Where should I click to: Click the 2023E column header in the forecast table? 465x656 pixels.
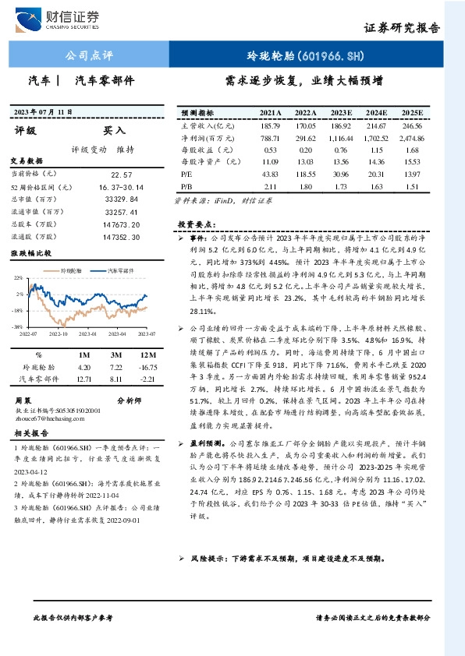[x=339, y=113]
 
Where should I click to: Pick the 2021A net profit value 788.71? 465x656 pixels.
[x=271, y=136]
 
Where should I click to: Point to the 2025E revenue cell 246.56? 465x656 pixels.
[x=411, y=125]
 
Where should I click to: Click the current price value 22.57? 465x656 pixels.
[x=122, y=175]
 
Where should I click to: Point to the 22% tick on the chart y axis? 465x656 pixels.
[x=17, y=278]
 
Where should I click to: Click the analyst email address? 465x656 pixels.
[x=53, y=418]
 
